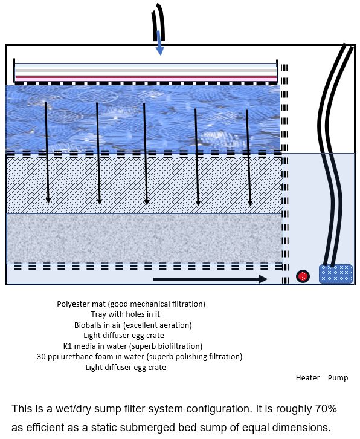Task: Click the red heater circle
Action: coord(303,276)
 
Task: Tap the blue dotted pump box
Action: coord(336,274)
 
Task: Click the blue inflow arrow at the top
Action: coord(159,43)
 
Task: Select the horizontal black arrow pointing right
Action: coord(210,279)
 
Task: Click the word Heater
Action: coord(307,378)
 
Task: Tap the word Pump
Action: coord(338,378)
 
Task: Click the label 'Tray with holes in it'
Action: coord(125,314)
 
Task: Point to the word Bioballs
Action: coord(88,325)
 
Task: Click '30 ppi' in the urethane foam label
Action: coord(48,357)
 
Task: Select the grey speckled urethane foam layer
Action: coord(144,239)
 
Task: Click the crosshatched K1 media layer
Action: coord(144,186)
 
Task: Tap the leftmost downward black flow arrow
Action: coord(47,152)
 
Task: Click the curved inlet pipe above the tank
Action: coord(159,22)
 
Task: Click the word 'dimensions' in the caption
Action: coord(299,428)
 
